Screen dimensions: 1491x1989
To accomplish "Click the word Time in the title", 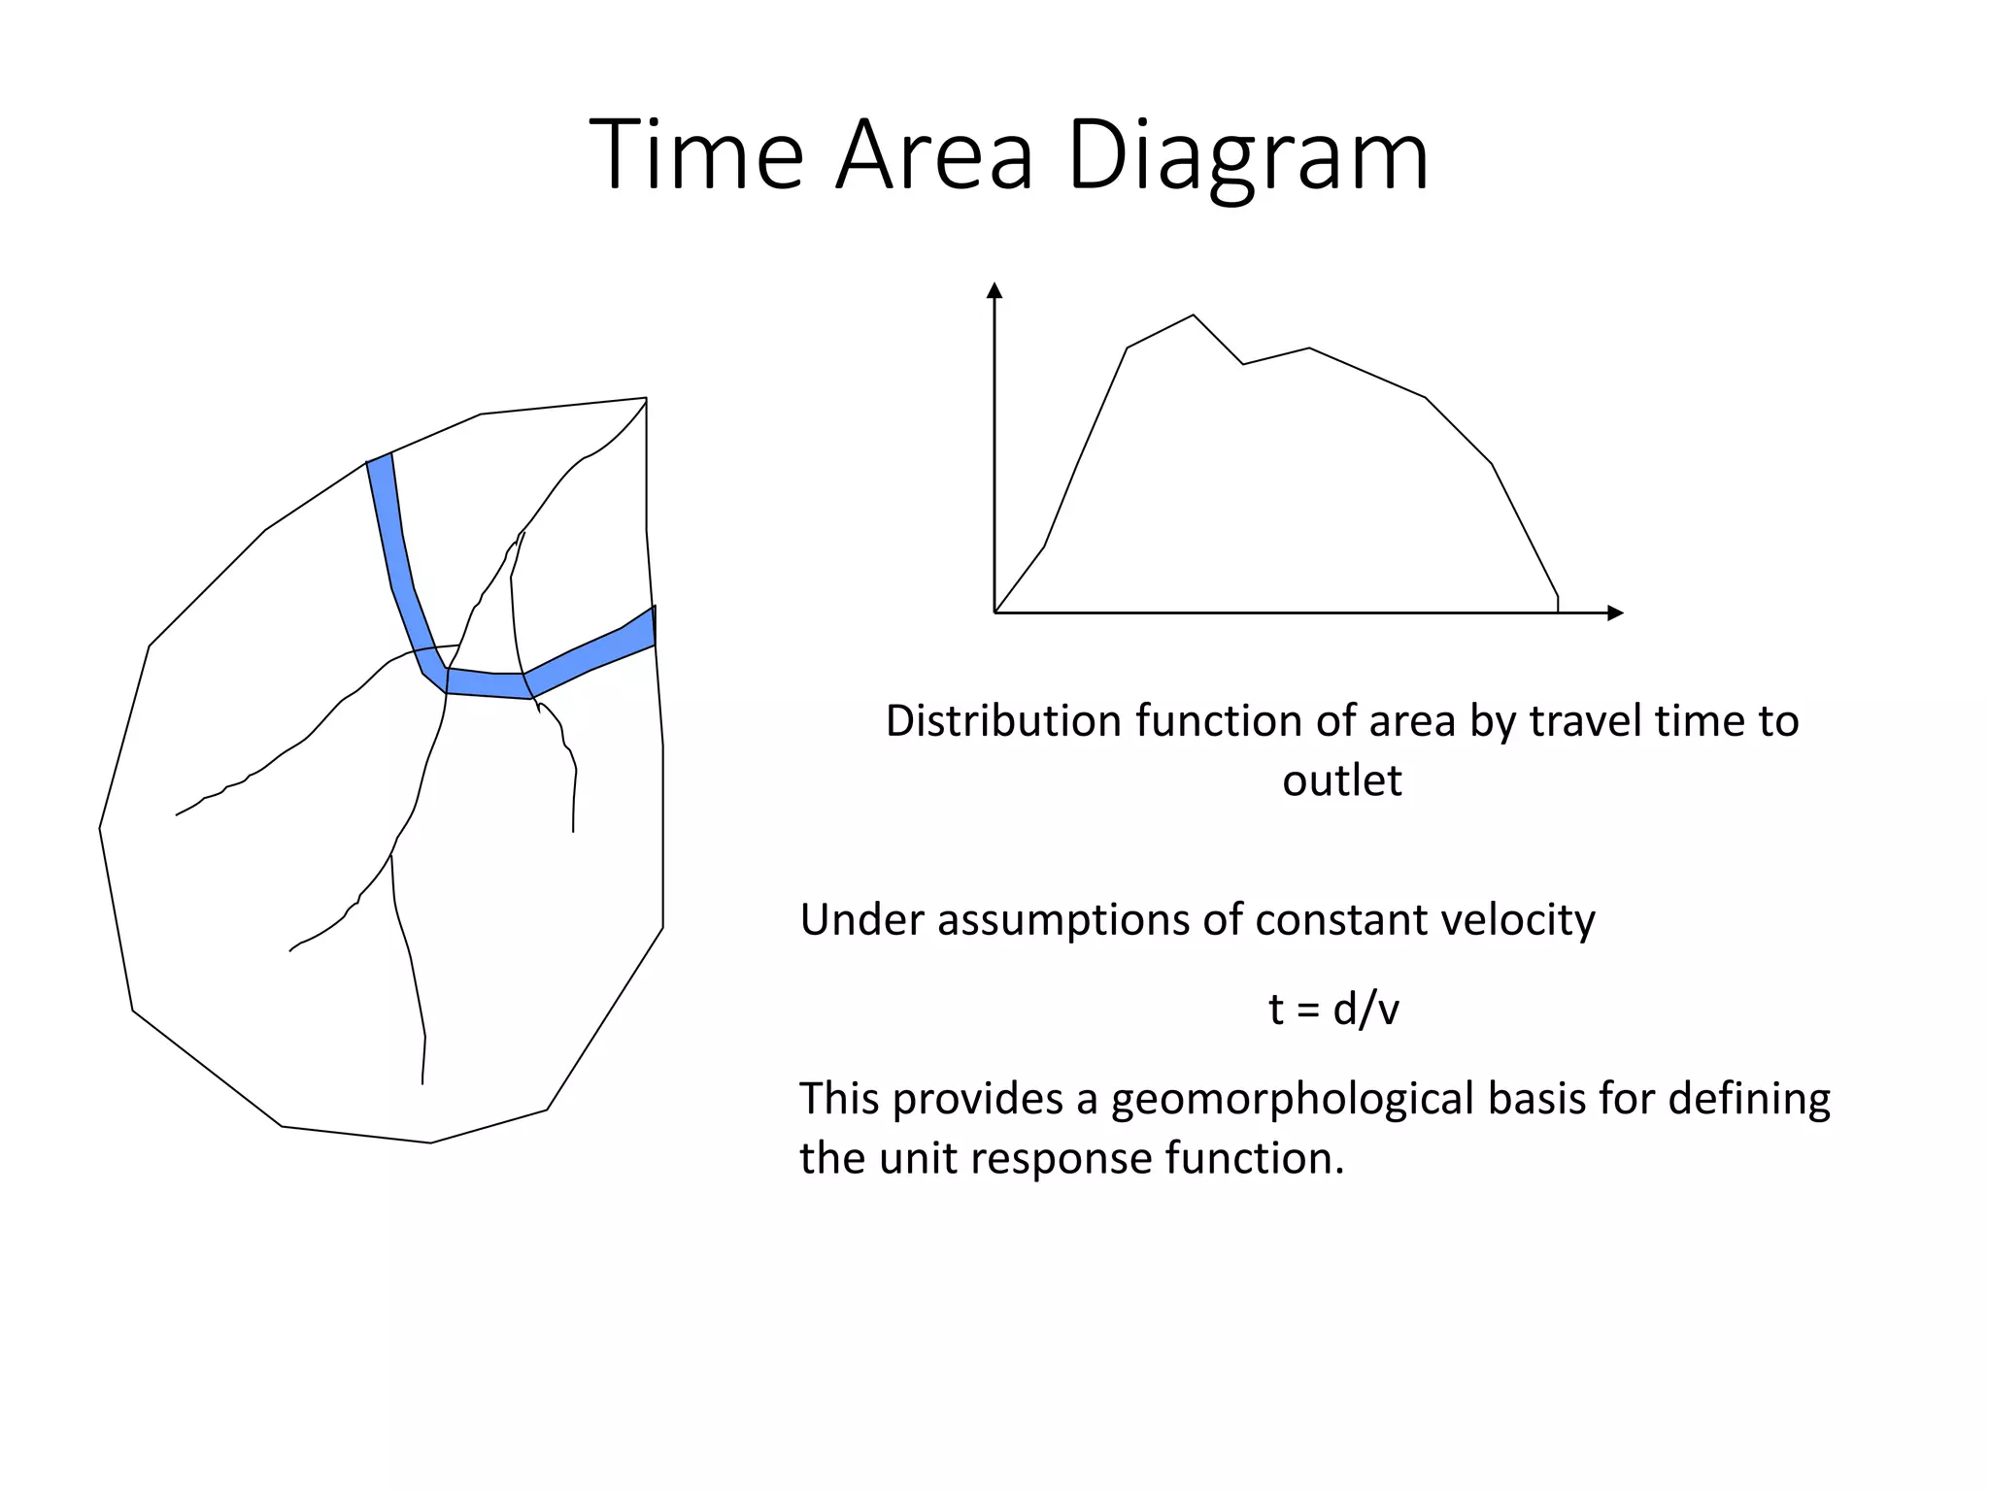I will point(695,155).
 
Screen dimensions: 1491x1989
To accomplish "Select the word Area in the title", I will point(934,155).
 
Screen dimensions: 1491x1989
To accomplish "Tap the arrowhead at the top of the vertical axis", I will point(994,290).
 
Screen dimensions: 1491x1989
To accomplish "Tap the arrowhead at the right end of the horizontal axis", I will point(1616,613).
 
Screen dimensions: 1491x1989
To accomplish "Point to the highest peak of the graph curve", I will point(1194,315).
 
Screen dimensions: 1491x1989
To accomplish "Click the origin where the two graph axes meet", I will point(994,613).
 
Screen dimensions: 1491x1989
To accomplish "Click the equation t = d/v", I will point(1333,1010).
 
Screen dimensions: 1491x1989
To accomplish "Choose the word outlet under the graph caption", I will point(1341,780).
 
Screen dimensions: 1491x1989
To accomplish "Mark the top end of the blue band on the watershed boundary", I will point(380,458).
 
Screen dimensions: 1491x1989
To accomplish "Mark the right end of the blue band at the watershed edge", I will point(653,626).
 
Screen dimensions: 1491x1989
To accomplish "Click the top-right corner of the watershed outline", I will point(646,398).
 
